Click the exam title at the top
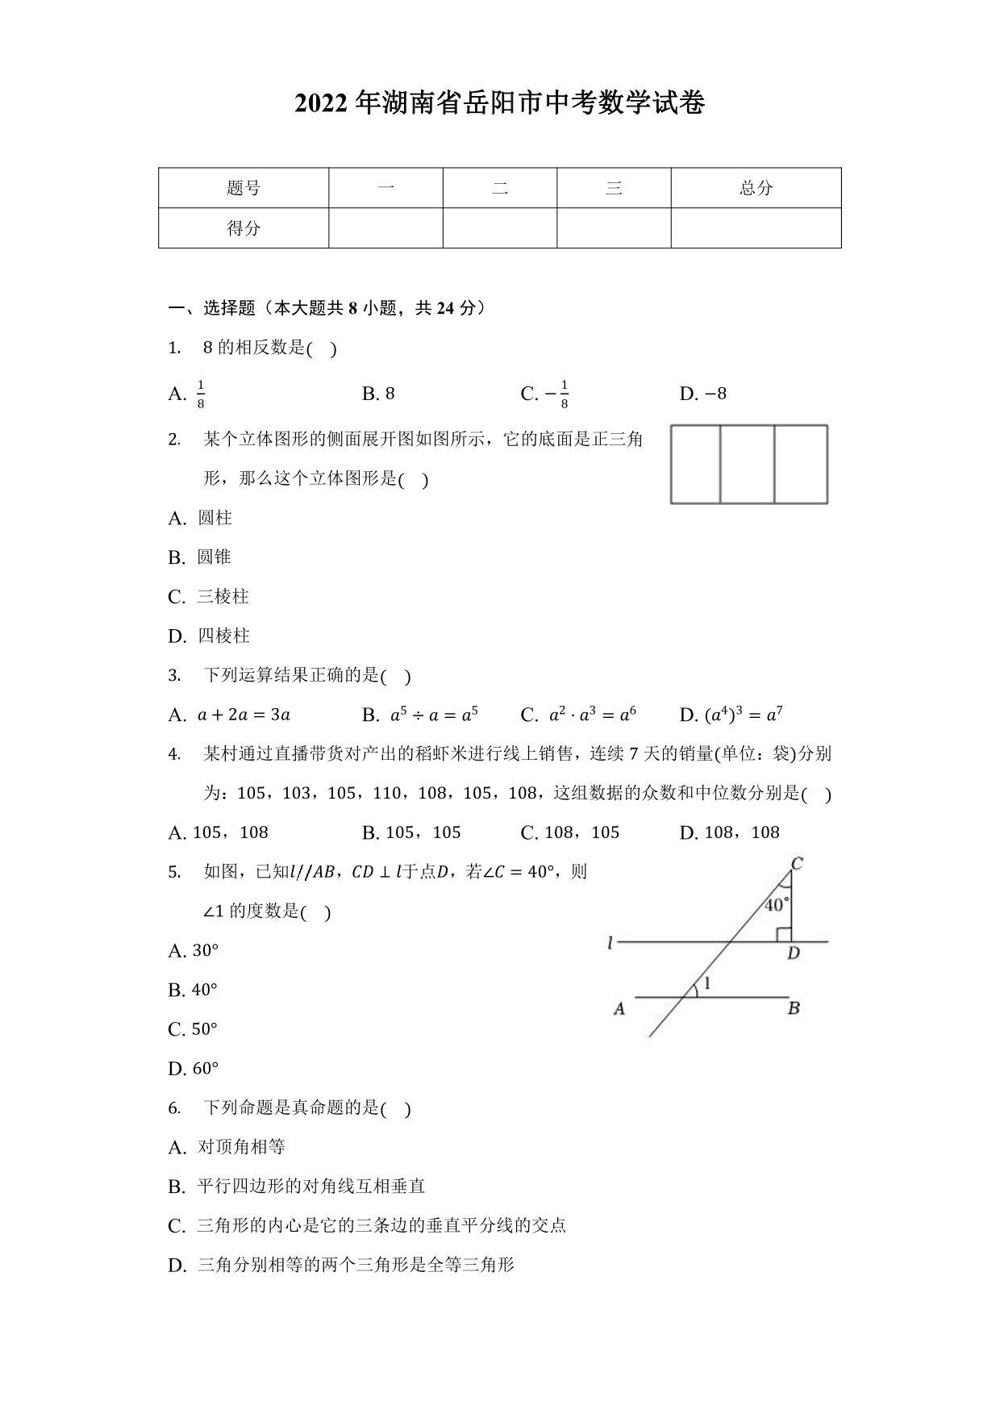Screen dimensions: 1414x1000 point(499,103)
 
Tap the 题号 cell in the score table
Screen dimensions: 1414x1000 point(244,188)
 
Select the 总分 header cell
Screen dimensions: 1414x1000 point(756,188)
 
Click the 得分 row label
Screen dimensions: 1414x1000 point(244,228)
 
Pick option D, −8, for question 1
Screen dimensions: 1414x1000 point(703,394)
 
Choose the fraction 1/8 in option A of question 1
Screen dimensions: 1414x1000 point(201,394)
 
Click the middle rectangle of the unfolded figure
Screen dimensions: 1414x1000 point(747,464)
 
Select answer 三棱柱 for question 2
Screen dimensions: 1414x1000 point(223,597)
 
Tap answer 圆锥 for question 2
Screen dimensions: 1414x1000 point(214,557)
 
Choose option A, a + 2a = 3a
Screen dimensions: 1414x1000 point(244,715)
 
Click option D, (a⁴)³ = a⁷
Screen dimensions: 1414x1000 point(743,715)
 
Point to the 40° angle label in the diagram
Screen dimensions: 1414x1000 point(776,905)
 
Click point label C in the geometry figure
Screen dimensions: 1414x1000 point(797,864)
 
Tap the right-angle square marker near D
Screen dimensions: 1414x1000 point(783,934)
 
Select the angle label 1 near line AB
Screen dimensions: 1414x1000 point(707,984)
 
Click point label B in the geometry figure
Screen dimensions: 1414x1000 point(794,1007)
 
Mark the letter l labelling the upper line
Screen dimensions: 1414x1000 point(611,942)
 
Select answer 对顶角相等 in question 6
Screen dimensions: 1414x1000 point(240,1147)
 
